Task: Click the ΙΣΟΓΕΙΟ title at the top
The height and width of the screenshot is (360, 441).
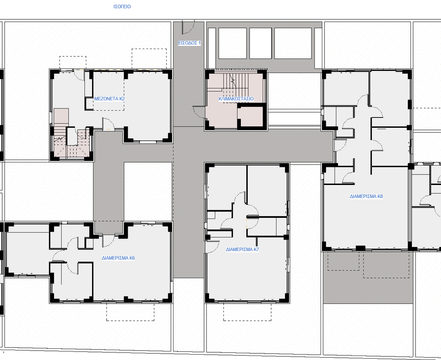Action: [122, 6]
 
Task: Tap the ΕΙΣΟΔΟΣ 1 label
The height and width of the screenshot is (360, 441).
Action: [189, 43]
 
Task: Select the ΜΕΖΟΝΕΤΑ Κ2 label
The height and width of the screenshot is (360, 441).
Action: [109, 99]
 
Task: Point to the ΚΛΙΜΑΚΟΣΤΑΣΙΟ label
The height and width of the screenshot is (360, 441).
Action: [236, 99]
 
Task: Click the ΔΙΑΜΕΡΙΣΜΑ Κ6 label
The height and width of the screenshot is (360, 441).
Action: [118, 258]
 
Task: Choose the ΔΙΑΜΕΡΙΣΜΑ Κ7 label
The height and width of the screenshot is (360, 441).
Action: [242, 249]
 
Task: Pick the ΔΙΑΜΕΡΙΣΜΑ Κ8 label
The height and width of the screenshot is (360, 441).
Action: [366, 196]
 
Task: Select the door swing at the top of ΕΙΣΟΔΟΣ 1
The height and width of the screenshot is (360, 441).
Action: [188, 26]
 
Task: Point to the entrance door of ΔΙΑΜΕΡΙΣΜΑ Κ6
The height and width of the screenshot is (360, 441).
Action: [108, 240]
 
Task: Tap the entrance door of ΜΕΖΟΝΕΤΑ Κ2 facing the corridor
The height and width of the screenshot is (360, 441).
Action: [108, 124]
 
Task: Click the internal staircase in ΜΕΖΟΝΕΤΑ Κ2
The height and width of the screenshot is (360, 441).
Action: [71, 142]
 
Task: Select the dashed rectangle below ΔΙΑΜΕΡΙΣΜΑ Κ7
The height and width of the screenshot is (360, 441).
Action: [248, 312]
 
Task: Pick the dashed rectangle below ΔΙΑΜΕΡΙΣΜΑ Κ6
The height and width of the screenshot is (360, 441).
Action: [130, 312]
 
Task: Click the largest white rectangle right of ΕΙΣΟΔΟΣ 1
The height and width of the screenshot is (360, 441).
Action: [293, 43]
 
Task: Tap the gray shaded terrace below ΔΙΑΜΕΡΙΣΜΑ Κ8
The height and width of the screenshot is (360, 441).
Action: [368, 277]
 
